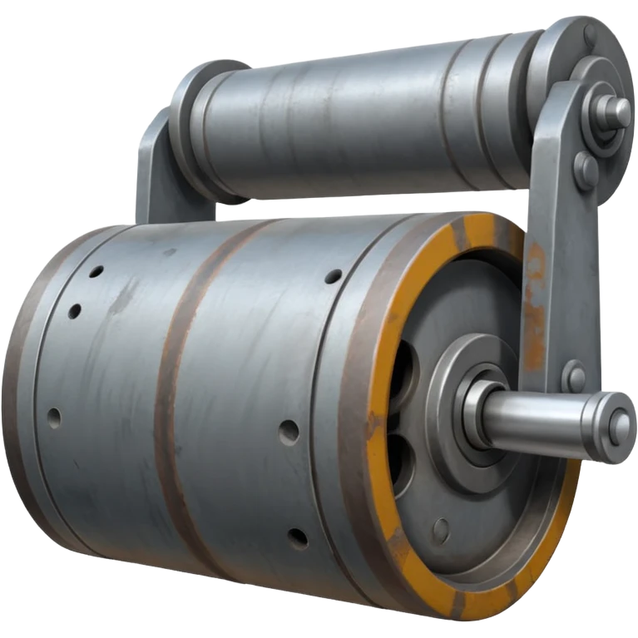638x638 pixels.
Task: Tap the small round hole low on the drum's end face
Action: (x=441, y=529)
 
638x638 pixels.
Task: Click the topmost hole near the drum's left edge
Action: (x=96, y=271)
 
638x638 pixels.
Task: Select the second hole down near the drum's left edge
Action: (x=75, y=311)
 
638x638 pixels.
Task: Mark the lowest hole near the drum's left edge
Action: (x=55, y=415)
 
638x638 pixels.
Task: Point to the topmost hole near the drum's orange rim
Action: (x=333, y=275)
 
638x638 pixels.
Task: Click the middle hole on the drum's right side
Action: (x=289, y=431)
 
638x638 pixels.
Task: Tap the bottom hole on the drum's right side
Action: (x=297, y=537)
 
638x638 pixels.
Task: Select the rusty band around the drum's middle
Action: (x=171, y=399)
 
